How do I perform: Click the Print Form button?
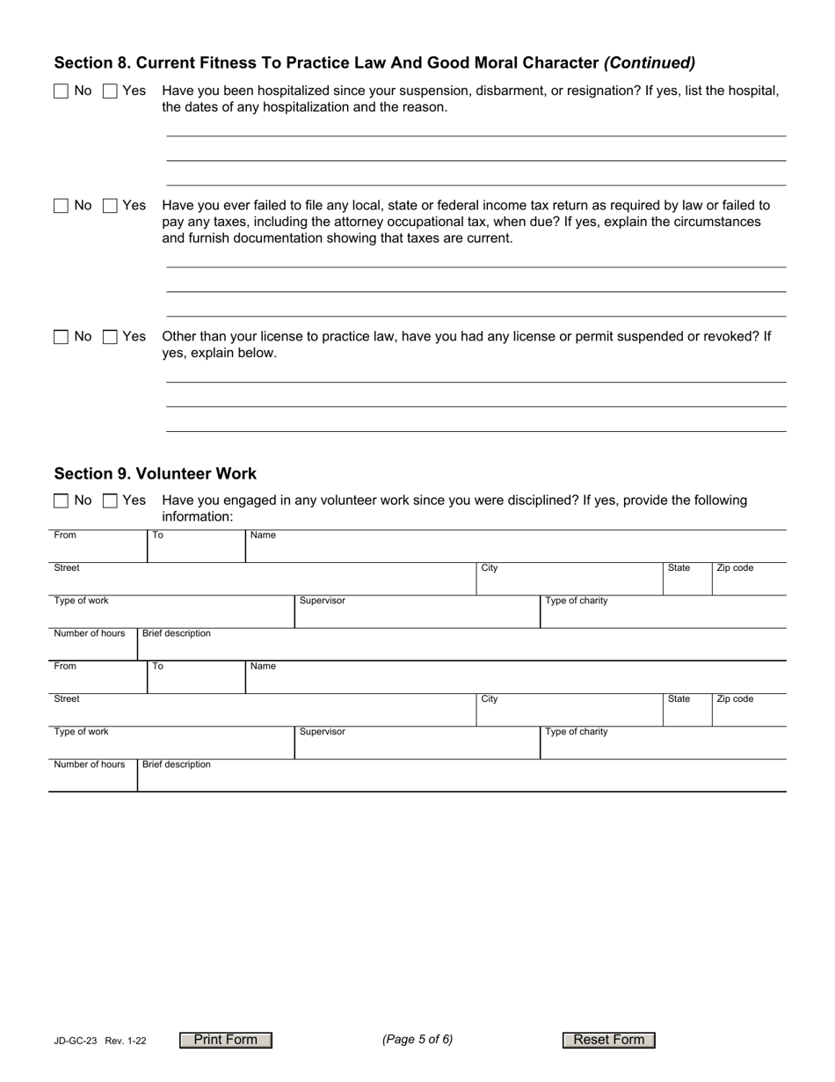tap(226, 1040)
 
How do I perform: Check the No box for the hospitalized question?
tap(61, 91)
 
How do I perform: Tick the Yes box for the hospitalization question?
tap(110, 91)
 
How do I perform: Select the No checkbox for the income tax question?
tap(61, 205)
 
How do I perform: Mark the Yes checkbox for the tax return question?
tap(110, 205)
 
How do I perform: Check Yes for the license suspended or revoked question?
tap(110, 336)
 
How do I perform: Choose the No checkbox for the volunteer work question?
tap(61, 500)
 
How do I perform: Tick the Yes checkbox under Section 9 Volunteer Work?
tap(110, 500)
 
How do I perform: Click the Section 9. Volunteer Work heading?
tap(156, 473)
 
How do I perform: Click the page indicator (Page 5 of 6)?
tap(417, 1039)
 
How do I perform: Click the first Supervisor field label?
tap(323, 601)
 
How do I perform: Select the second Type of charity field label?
tap(577, 732)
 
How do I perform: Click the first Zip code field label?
tap(735, 568)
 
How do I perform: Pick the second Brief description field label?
tap(177, 764)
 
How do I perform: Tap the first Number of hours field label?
tap(90, 633)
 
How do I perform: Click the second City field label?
tap(490, 699)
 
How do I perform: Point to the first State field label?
tap(679, 568)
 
